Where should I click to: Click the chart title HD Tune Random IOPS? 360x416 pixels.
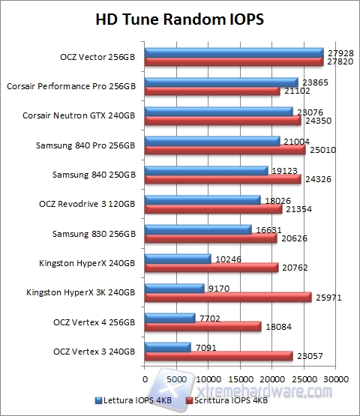tap(179, 17)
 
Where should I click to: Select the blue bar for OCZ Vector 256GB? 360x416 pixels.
tap(233, 52)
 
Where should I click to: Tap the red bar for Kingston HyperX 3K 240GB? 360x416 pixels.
tap(227, 297)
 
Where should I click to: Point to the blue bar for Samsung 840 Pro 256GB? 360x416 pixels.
tap(211, 140)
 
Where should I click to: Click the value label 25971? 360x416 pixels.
tap(328, 298)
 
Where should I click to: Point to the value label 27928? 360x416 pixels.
tap(339, 52)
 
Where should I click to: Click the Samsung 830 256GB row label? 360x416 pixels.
tap(94, 234)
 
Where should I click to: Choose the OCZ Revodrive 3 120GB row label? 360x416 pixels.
tap(87, 204)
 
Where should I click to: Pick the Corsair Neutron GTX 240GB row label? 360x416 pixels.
tap(80, 116)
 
